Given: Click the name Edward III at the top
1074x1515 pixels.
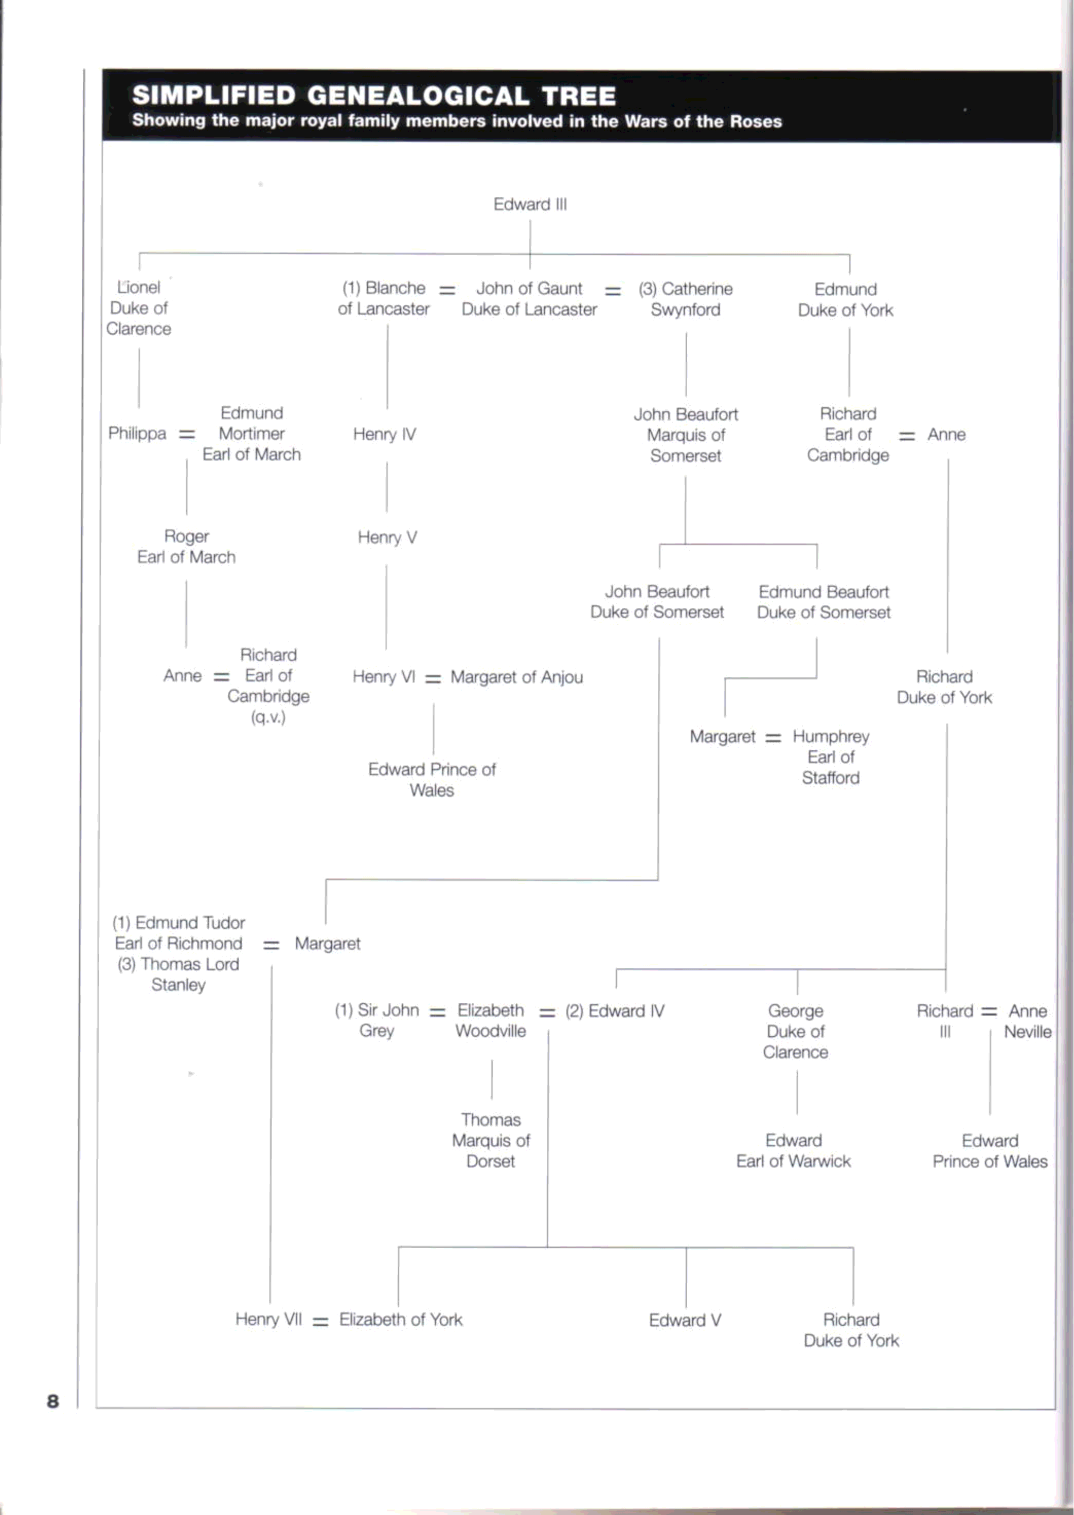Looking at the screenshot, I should point(530,204).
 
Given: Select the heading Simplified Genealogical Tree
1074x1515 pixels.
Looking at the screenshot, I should point(373,96).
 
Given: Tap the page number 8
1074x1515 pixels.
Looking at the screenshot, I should point(53,1401).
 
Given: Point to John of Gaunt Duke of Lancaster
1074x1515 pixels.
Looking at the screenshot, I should point(529,299).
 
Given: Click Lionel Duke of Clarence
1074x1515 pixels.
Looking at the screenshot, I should point(139,308).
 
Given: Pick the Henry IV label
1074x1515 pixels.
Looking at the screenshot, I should point(384,434).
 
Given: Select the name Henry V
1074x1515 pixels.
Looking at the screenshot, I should point(387,537).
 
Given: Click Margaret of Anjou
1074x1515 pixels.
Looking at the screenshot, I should point(516,677).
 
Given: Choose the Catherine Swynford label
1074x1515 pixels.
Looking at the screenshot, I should point(685,299).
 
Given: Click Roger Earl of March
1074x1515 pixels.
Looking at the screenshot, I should point(187,547).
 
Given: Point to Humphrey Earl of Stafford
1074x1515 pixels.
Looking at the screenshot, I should point(831,757).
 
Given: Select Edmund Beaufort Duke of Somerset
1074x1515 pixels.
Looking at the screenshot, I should point(824,602).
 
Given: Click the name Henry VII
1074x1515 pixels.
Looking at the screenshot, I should point(268,1320).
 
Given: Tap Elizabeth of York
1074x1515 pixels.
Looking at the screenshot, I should point(401,1320).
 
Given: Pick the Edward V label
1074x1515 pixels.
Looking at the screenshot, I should point(685,1320).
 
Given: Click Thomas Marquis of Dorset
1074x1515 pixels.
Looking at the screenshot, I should point(491,1140).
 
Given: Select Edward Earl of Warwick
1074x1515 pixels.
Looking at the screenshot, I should point(794,1151).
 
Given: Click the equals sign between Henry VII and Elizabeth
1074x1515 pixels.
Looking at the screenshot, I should point(320,1321).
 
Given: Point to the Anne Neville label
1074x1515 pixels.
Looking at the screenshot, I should point(1027,1021).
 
